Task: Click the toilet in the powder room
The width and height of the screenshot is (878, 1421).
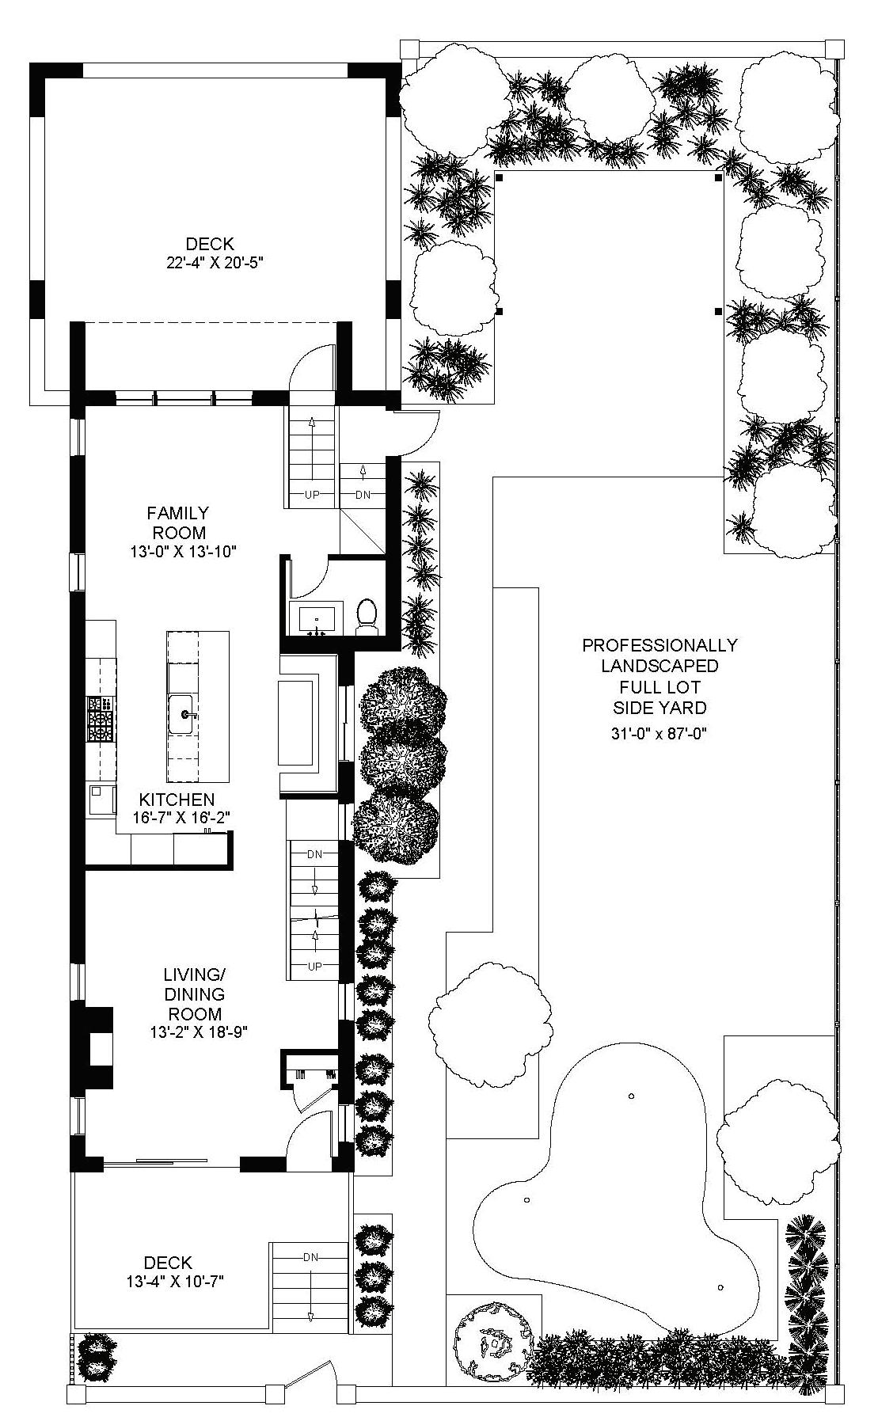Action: pyautogui.click(x=366, y=617)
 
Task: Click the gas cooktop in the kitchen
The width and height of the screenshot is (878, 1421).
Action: pyautogui.click(x=101, y=719)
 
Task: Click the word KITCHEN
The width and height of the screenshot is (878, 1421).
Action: pyautogui.click(x=177, y=800)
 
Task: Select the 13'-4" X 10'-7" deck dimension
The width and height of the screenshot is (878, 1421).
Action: pyautogui.click(x=174, y=1281)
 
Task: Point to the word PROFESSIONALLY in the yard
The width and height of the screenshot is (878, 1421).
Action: pyautogui.click(x=659, y=645)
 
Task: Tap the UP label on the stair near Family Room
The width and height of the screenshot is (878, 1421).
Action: pyautogui.click(x=313, y=495)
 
